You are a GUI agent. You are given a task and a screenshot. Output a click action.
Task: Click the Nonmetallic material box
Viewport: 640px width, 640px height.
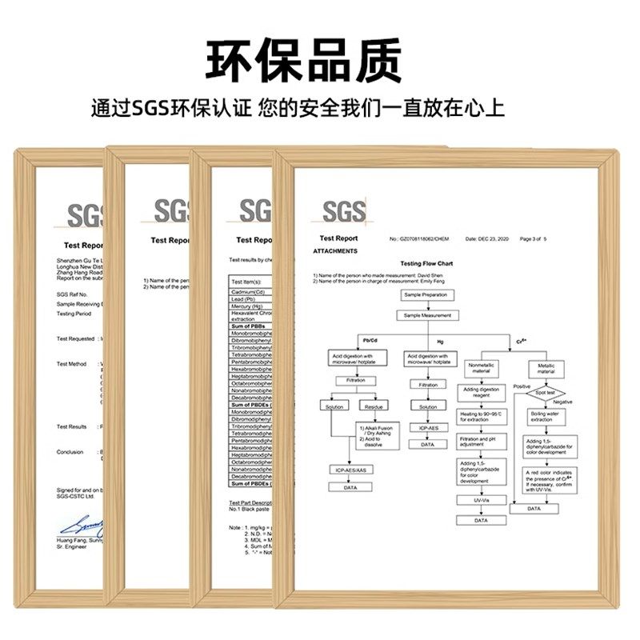(x=480, y=369)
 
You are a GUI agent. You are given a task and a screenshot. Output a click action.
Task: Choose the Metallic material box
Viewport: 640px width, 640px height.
(x=546, y=369)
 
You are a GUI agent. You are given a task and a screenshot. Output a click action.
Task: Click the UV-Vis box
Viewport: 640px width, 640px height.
(x=480, y=500)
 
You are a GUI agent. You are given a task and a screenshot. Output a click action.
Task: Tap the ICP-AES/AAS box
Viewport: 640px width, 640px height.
(x=350, y=469)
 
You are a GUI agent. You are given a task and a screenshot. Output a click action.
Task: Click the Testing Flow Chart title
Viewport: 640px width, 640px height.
(x=426, y=263)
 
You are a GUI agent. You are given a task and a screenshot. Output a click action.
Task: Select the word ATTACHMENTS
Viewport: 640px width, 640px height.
(x=335, y=251)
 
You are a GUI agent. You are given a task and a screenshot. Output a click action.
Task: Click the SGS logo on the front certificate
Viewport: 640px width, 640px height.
(x=344, y=212)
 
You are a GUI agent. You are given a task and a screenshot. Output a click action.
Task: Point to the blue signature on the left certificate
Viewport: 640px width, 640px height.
(x=80, y=526)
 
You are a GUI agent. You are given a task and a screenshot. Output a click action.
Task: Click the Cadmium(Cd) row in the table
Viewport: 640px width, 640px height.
(x=249, y=294)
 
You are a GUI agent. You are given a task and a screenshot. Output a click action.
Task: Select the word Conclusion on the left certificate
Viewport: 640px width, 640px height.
(x=70, y=452)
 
